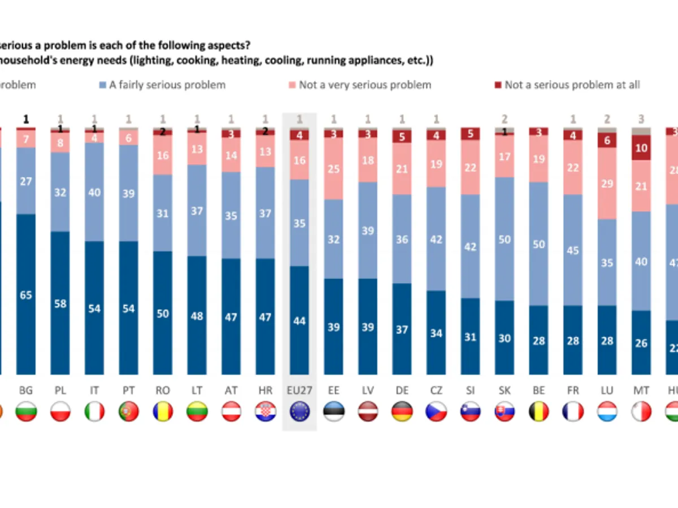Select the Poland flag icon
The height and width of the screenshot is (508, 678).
60,411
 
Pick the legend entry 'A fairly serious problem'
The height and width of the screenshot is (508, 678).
162,85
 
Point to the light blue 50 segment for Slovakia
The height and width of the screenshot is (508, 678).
505,239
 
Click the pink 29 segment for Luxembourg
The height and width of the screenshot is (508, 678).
607,183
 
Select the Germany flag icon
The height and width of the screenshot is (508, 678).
402,411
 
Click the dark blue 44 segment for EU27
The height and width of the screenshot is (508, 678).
299,320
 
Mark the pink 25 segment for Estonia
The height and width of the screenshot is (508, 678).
333,169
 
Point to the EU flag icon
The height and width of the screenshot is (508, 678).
299,411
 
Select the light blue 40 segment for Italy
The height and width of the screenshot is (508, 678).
94,192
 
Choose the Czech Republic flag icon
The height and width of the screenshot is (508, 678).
436,411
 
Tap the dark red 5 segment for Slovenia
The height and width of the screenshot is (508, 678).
471,134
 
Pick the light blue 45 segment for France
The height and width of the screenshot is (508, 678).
573,250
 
